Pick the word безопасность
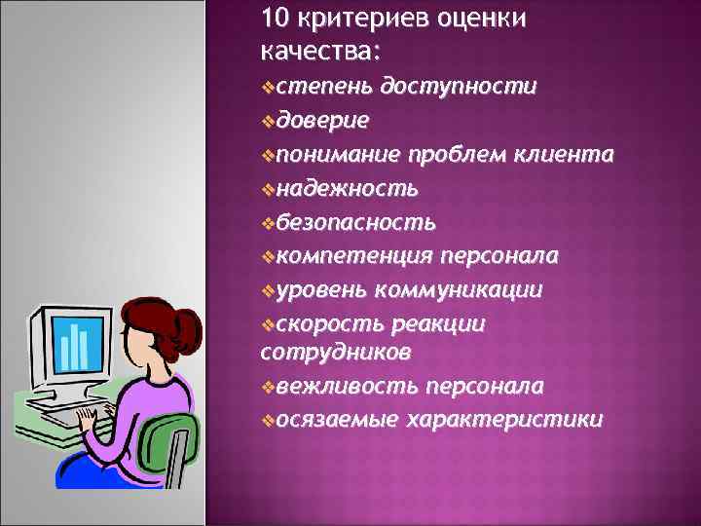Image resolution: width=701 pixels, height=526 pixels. pyautogui.click(x=355, y=222)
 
